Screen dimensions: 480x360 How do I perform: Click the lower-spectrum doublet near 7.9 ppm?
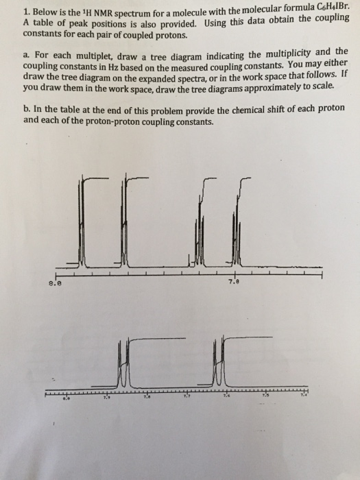coord(123,363)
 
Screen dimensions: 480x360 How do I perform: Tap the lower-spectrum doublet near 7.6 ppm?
coord(218,363)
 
